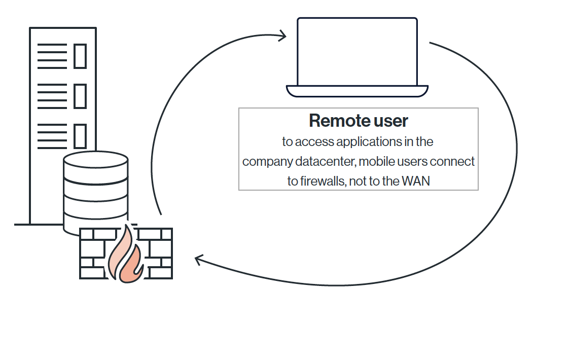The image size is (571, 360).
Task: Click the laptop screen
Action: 357,52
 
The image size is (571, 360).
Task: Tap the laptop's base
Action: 357,91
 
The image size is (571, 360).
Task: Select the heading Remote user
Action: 358,121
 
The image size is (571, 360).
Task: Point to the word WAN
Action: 416,181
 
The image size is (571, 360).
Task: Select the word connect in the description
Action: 454,161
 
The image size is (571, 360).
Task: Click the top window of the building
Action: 80,56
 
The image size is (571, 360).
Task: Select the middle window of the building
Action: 80,95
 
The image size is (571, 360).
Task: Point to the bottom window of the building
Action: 80,135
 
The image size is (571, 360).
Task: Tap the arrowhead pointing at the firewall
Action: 199,261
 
